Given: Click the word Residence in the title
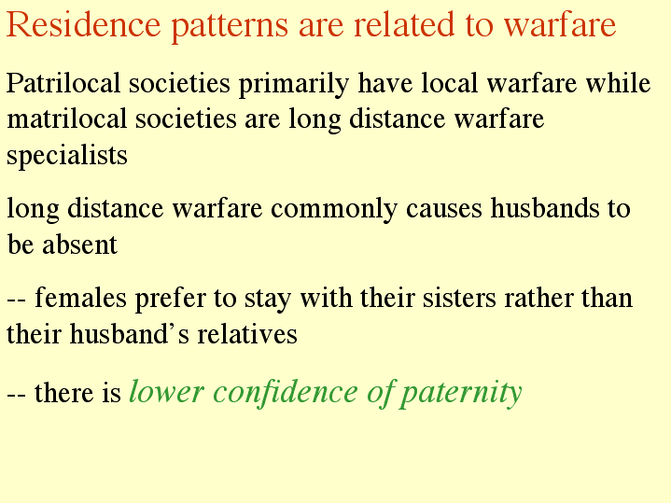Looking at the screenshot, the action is pos(83,24).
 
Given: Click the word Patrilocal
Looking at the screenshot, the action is pos(63,83).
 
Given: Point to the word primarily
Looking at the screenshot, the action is pos(294,85).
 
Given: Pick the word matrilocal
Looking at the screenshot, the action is pos(67,119).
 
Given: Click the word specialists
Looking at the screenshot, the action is pos(67,157).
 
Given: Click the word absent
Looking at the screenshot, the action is pos(79,245).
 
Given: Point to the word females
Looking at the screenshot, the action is pos(80,298).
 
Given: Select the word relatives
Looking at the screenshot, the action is pos(247,334).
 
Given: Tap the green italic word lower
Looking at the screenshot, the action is pos(166,392).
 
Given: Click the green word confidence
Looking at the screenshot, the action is pos(285,392).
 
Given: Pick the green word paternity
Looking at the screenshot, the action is pos(461,395).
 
